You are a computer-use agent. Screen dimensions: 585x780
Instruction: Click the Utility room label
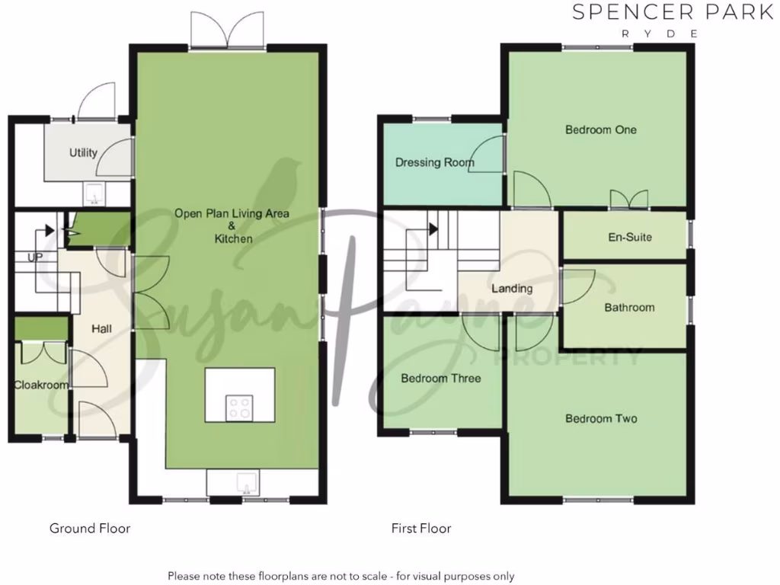83,152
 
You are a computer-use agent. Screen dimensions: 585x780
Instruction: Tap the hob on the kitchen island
239,408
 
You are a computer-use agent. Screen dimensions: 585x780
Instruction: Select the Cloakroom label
41,385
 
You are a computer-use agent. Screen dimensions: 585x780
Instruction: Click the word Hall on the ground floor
102,329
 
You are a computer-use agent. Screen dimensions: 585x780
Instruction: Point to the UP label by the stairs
35,258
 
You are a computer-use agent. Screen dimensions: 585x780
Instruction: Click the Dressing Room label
434,162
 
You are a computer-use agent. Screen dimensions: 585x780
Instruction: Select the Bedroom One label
600,129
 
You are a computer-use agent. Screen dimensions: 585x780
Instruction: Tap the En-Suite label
629,237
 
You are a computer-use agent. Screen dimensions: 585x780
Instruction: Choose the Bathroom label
629,308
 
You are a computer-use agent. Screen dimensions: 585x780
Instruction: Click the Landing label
512,289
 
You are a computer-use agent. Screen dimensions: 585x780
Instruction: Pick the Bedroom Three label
440,378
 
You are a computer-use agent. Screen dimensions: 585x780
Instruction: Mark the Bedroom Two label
601,418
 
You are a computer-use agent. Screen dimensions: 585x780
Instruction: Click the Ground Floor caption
90,528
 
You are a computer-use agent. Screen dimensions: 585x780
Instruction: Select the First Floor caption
421,528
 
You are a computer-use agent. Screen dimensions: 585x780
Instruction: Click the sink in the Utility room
95,194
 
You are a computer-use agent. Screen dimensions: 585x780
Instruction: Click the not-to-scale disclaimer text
341,576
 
